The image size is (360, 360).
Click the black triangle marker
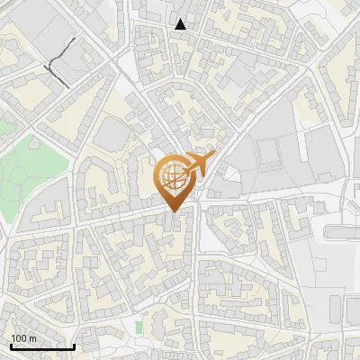pyautogui.click(x=181, y=24)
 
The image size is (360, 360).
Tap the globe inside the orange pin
pyautogui.click(x=171, y=175)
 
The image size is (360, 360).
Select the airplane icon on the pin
pyautogui.click(x=198, y=164)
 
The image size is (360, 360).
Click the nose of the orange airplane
pyautogui.click(x=214, y=155)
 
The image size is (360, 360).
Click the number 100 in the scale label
pyautogui.click(x=19, y=337)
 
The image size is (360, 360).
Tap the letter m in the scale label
pyautogui.click(x=33, y=337)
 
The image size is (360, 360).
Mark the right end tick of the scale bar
pyautogui.click(x=74, y=346)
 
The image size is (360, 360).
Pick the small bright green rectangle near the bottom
pyautogui.click(x=139, y=326)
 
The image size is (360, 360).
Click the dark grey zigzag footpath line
pyautogui.click(x=56, y=63)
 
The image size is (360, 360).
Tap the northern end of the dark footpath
pyautogui.click(x=73, y=40)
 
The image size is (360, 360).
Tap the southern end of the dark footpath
pyautogui.click(x=67, y=85)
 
